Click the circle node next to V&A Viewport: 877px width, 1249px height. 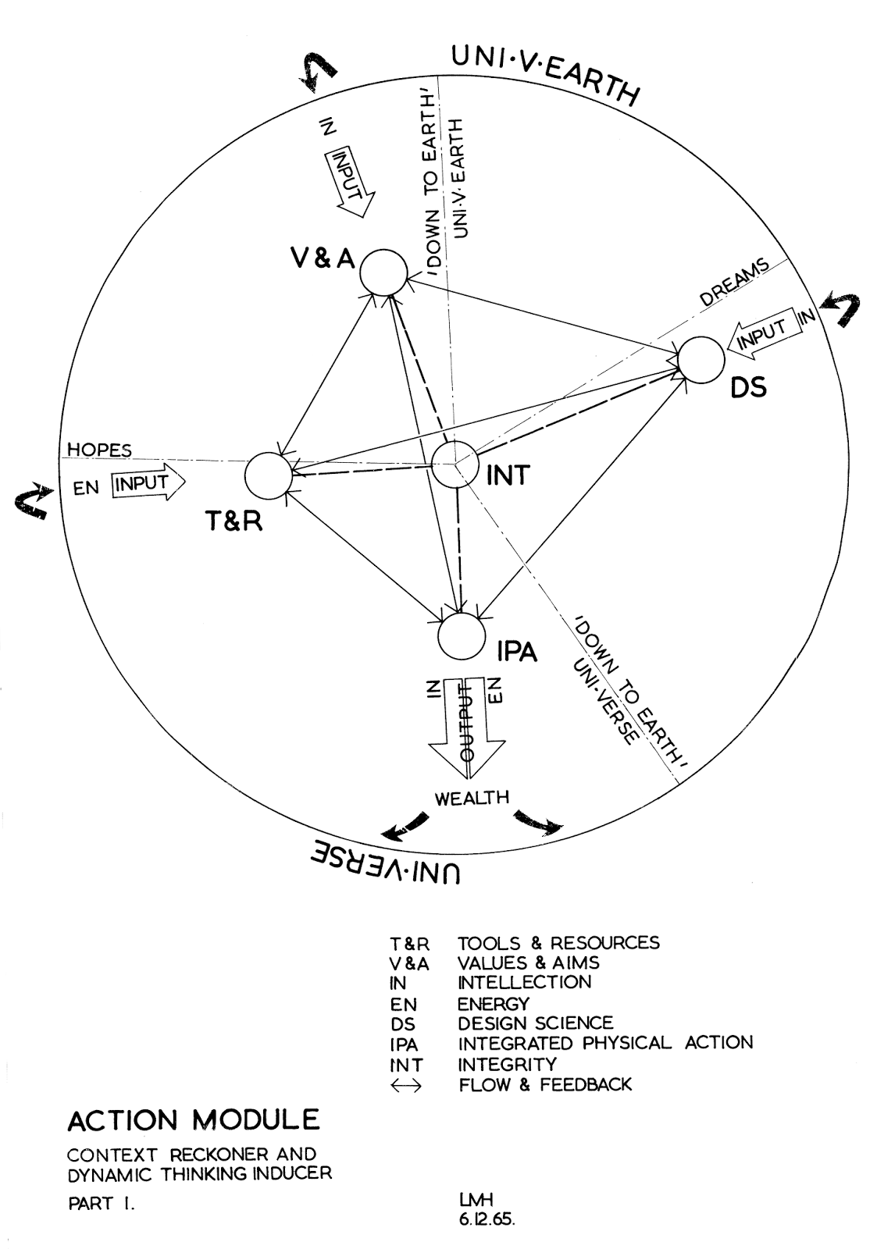[x=383, y=273]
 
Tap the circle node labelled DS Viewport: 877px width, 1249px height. [x=701, y=360]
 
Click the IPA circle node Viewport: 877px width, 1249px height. [x=462, y=636]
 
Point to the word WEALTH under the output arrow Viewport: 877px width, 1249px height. [x=472, y=798]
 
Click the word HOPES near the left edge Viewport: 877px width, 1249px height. [x=99, y=450]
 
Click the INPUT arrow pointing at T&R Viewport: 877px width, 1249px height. [x=148, y=485]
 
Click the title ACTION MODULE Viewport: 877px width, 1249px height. [x=194, y=1120]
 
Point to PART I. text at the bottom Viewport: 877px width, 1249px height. [x=102, y=1204]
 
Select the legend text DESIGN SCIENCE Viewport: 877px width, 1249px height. [x=535, y=1023]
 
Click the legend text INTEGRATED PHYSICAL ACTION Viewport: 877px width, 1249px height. [x=605, y=1043]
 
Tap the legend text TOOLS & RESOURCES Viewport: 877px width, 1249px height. [x=558, y=942]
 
